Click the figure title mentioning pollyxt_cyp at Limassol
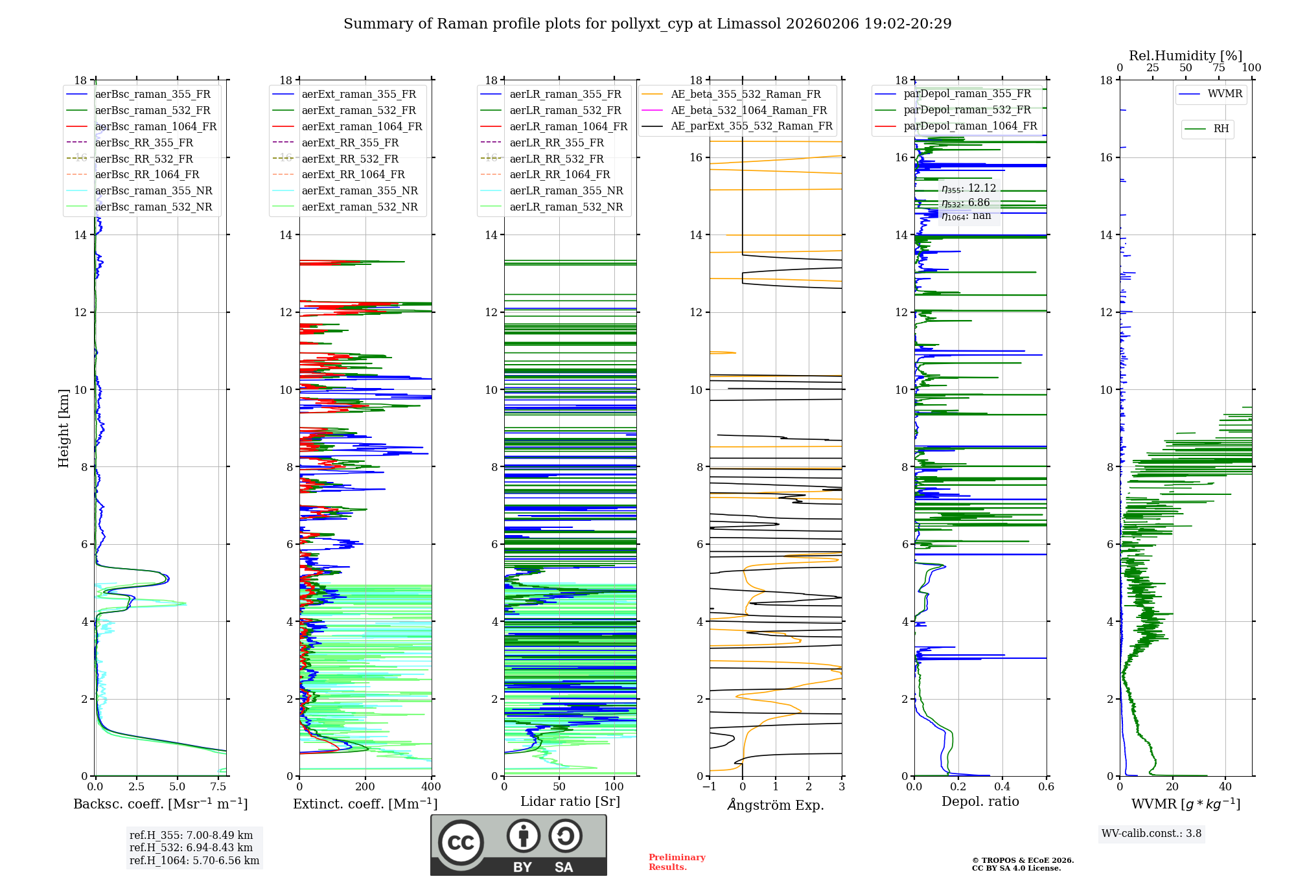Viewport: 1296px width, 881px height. pyautogui.click(x=647, y=24)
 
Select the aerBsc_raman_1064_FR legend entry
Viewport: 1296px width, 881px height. pyautogui.click(x=156, y=126)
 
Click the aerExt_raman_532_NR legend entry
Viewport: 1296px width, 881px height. pyautogui.click(x=360, y=207)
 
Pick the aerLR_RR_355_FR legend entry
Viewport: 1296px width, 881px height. pyautogui.click(x=556, y=143)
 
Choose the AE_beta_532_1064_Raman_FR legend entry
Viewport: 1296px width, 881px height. pyautogui.click(x=748, y=110)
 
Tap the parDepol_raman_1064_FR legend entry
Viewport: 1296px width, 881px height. pyautogui.click(x=970, y=126)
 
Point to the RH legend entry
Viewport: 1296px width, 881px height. pyautogui.click(x=1221, y=128)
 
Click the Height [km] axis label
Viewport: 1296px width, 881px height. pyautogui.click(x=64, y=428)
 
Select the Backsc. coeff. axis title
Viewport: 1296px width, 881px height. pyautogui.click(x=160, y=804)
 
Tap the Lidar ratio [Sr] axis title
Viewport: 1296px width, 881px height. pyautogui.click(x=570, y=801)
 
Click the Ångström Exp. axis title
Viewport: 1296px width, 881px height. pyautogui.click(x=776, y=805)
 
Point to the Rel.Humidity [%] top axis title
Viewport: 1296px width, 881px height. pyautogui.click(x=1185, y=56)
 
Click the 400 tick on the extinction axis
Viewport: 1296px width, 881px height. pyautogui.click(x=431, y=786)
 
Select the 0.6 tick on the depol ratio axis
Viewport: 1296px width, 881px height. pyautogui.click(x=1046, y=786)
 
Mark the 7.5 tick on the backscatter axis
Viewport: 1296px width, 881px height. pyautogui.click(x=218, y=786)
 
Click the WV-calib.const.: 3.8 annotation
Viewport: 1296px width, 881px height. pyautogui.click(x=1151, y=833)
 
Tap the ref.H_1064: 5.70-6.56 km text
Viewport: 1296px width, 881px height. pyautogui.click(x=194, y=860)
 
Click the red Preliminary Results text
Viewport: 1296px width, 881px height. pyautogui.click(x=677, y=862)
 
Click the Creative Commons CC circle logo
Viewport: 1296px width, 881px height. pyautogui.click(x=461, y=843)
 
